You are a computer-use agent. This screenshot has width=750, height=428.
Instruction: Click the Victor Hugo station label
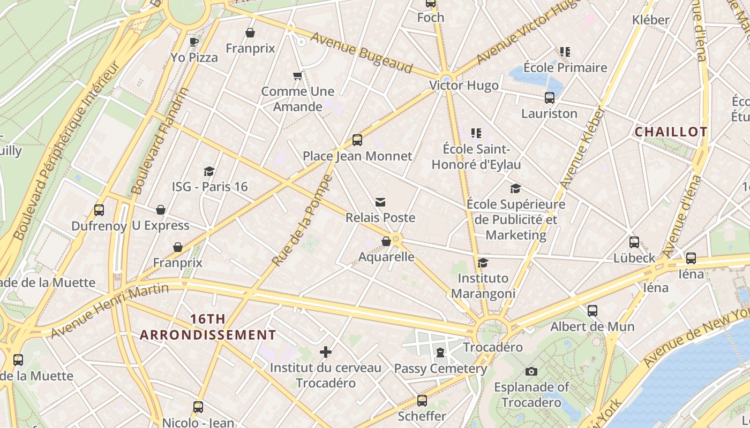464,86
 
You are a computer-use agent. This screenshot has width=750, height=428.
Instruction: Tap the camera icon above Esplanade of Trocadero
531,371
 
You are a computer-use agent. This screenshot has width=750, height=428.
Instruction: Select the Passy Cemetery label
440,369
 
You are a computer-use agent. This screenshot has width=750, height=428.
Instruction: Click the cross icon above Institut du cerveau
326,352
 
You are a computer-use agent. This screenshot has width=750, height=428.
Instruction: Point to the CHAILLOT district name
671,132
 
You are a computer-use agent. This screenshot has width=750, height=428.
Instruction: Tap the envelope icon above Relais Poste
380,202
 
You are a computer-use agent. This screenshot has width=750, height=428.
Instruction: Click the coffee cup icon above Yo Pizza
194,42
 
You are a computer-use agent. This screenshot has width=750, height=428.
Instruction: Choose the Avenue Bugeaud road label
362,52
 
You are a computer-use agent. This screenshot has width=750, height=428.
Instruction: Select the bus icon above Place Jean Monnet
357,140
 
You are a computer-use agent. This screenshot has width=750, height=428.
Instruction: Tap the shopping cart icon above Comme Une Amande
298,75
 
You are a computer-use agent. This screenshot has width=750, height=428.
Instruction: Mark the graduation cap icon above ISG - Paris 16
209,171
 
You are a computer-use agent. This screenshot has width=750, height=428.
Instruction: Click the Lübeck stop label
634,258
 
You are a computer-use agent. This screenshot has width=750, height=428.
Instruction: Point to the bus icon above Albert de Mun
592,311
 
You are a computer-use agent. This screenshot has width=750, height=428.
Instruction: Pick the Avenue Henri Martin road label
110,310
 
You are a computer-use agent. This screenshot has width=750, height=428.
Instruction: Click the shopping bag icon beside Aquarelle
386,242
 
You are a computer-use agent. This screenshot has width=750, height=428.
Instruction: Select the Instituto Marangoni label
483,286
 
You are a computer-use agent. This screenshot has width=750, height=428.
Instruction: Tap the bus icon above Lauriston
550,98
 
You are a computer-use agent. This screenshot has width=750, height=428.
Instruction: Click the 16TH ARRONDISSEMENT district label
208,327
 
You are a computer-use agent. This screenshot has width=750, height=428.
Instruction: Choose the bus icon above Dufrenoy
99,210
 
